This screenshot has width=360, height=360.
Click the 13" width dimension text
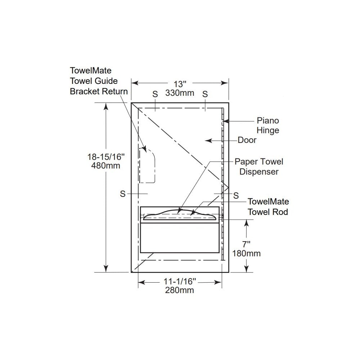pos(180,84)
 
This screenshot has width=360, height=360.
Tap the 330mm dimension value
pos(180,93)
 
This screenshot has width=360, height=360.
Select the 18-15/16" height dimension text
pos(106,157)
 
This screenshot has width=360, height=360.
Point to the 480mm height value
pos(105,166)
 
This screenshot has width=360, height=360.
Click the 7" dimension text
pos(246,244)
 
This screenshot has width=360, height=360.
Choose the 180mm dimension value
pos(246,253)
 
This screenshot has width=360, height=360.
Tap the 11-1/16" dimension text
pos(180,281)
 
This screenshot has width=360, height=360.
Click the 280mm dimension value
pos(180,290)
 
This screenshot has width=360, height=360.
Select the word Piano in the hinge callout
pos(268,121)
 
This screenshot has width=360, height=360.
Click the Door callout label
pos(247,140)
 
